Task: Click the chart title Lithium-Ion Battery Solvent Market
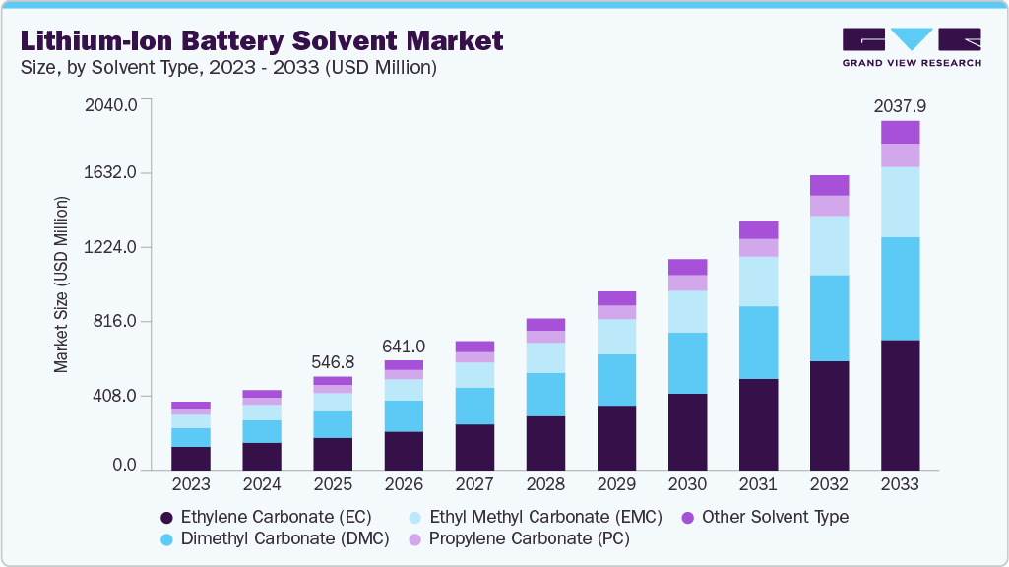tap(262, 40)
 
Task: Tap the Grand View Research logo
tap(911, 46)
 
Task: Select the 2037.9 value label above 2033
tap(900, 105)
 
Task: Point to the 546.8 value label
tap(333, 361)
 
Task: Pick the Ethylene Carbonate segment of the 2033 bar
tap(900, 405)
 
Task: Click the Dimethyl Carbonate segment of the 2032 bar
tap(829, 318)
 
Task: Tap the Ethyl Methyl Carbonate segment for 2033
tap(900, 202)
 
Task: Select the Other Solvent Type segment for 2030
tap(687, 267)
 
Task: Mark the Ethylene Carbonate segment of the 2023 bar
tap(191, 458)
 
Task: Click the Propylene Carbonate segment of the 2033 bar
tap(900, 156)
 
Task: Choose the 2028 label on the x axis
tap(545, 484)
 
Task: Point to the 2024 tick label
tap(262, 484)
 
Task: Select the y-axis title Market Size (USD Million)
tap(61, 284)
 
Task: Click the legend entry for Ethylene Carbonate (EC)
tap(266, 517)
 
